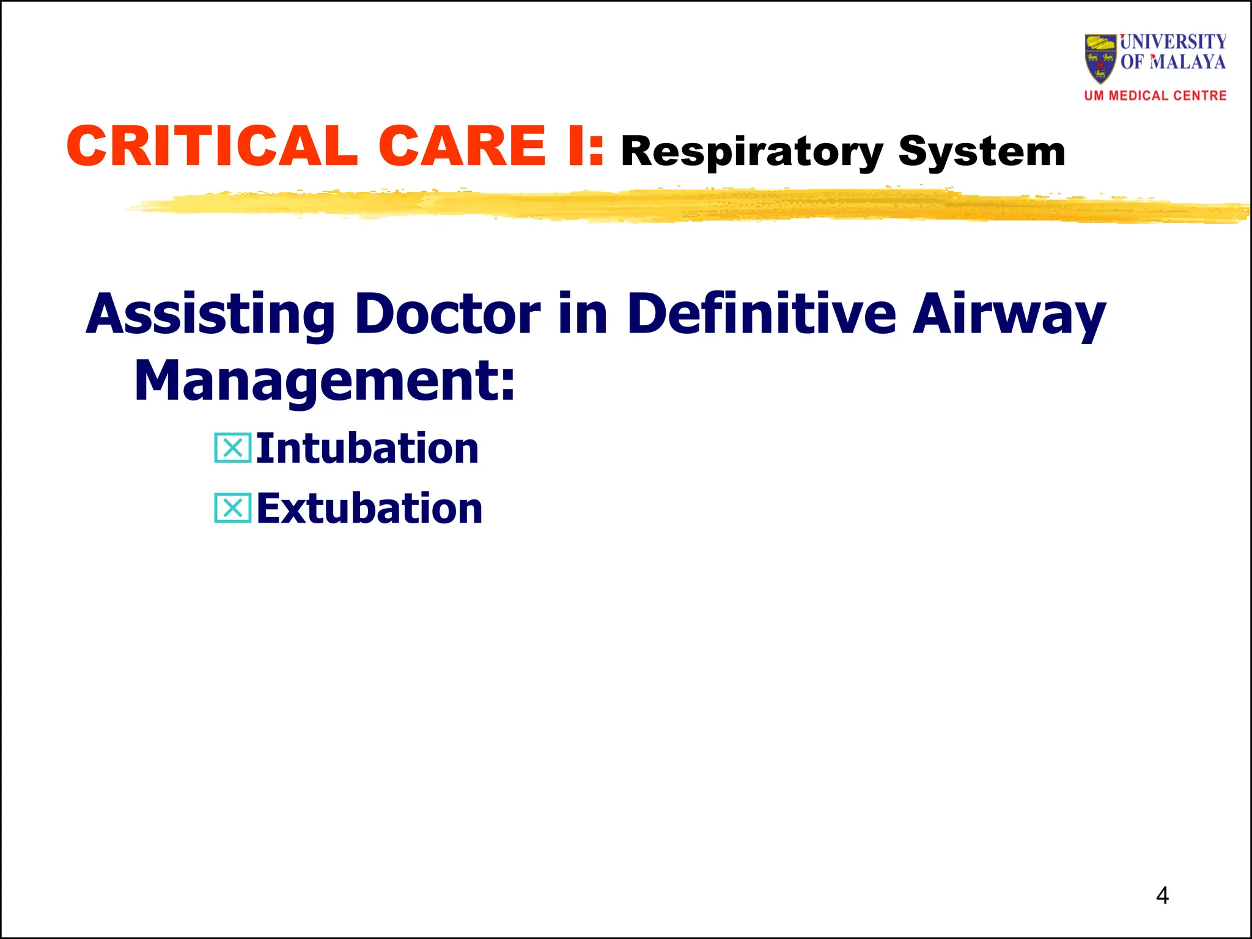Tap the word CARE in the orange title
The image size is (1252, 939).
pyautogui.click(x=462, y=146)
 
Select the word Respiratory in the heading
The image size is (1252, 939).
pyautogui.click(x=751, y=152)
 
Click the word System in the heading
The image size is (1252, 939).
pyautogui.click(x=982, y=152)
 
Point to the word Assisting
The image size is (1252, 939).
pyautogui.click(x=210, y=315)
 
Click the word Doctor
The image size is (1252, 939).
pyautogui.click(x=447, y=315)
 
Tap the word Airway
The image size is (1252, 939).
pyautogui.click(x=1009, y=315)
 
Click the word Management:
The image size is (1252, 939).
pyautogui.click(x=325, y=381)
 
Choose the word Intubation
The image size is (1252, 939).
pyautogui.click(x=367, y=449)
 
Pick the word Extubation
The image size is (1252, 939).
pyautogui.click(x=369, y=509)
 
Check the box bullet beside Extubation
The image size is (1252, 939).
pyautogui.click(x=232, y=508)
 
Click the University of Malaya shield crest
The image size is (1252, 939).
pyautogui.click(x=1100, y=58)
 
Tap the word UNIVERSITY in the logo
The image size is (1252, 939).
pyautogui.click(x=1173, y=42)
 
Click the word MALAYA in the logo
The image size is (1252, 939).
pyautogui.click(x=1187, y=62)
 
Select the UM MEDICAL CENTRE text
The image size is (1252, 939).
pyautogui.click(x=1155, y=96)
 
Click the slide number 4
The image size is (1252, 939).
pyautogui.click(x=1162, y=896)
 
